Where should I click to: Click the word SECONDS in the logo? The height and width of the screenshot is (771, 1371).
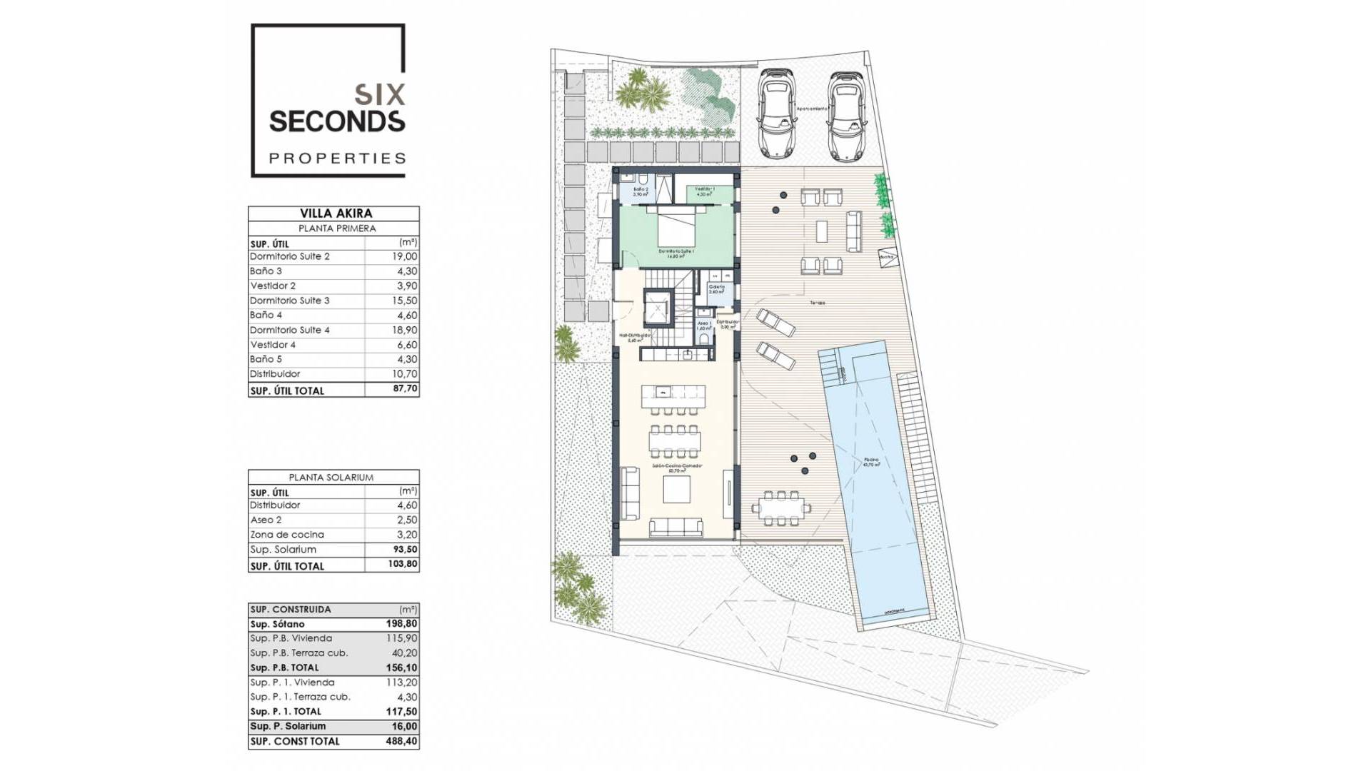tap(337, 121)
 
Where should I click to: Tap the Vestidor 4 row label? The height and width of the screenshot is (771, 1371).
tap(273, 345)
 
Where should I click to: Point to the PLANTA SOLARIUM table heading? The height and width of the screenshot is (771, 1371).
tap(331, 477)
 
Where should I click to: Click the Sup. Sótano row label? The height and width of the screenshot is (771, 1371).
tap(277, 624)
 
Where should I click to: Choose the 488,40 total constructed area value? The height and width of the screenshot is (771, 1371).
tap(401, 741)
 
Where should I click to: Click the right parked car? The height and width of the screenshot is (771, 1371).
tap(846, 114)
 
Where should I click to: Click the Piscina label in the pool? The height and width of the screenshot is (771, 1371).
tap(871, 460)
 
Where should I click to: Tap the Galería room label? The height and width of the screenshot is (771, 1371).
tap(717, 287)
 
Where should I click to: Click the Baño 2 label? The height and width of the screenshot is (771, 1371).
tap(641, 190)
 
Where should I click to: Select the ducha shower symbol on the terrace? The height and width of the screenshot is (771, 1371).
tap(886, 258)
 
